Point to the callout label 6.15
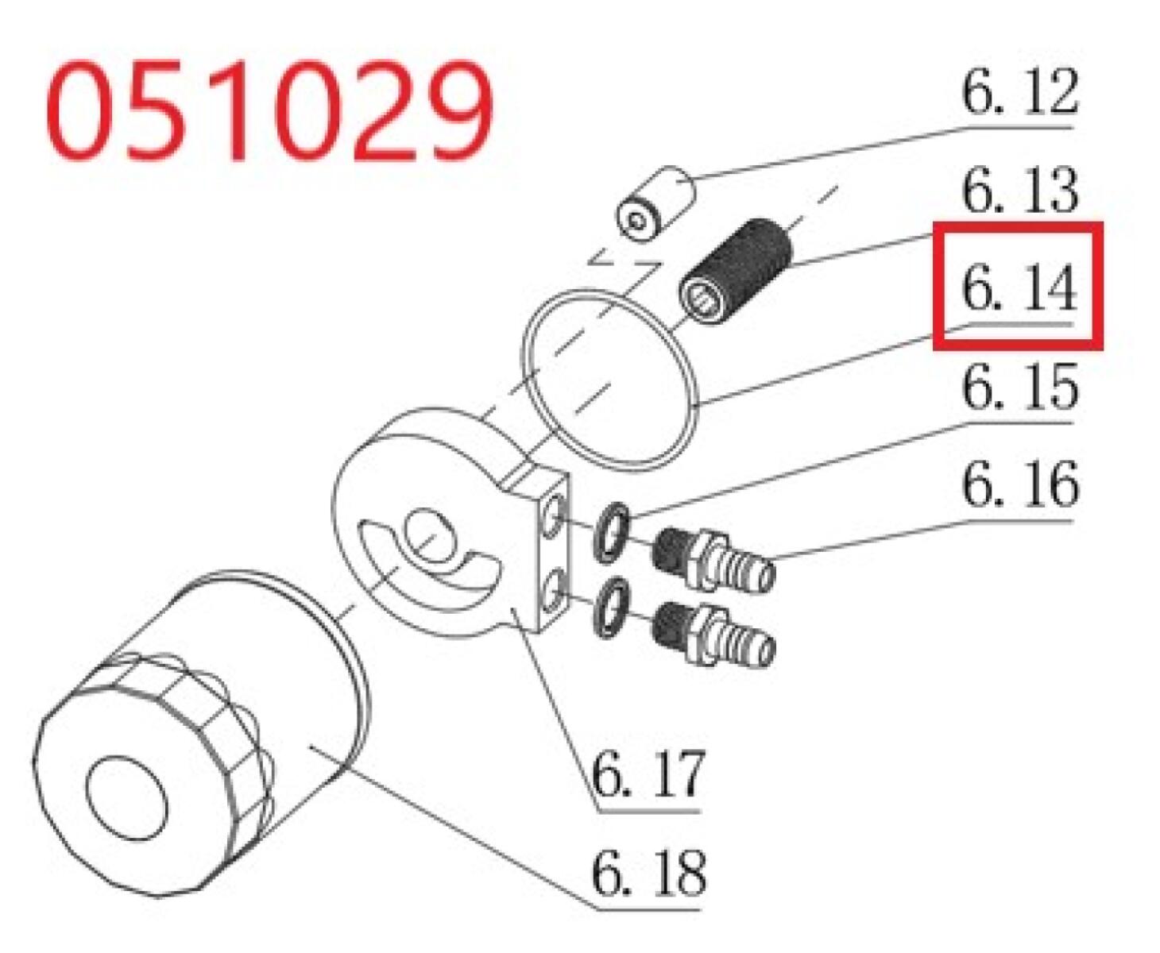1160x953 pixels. point(1019,386)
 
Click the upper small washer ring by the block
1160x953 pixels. point(610,532)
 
